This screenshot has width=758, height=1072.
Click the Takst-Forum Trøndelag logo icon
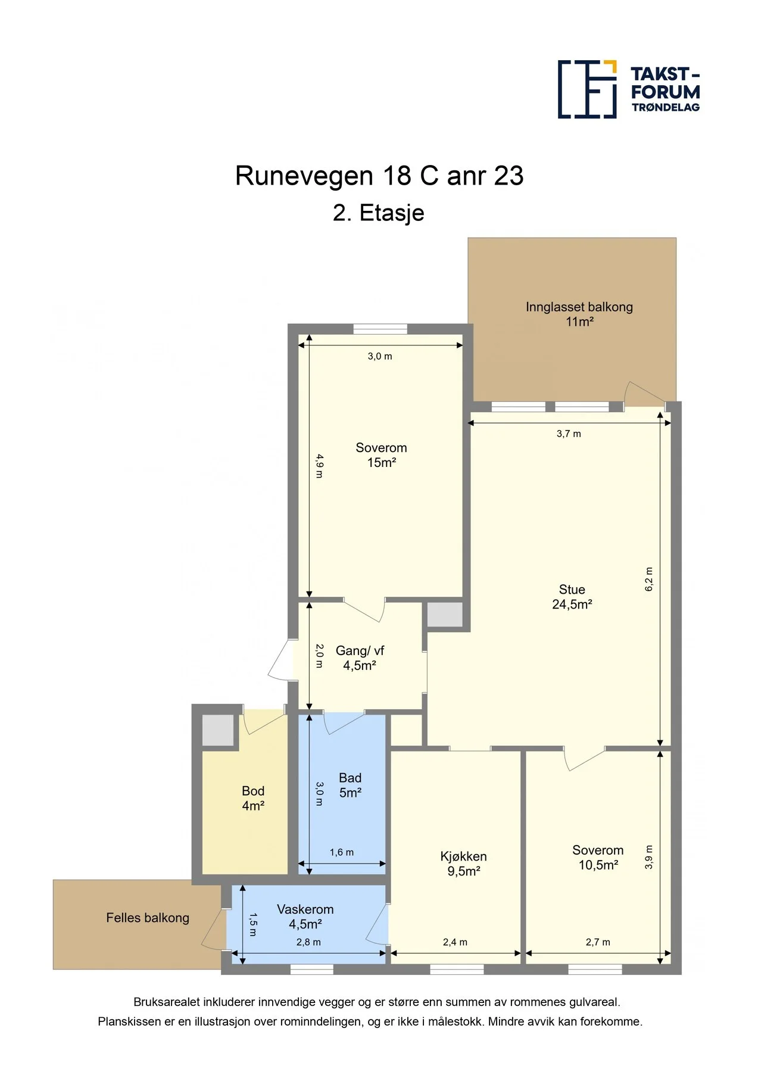(587, 89)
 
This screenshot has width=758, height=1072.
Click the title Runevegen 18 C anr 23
(379, 176)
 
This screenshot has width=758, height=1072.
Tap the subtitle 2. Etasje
(379, 213)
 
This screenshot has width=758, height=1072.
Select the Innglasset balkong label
(579, 314)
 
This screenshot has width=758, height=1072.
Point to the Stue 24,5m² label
(572, 597)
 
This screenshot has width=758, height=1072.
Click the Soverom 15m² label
(381, 455)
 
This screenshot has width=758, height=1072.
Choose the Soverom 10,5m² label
(598, 858)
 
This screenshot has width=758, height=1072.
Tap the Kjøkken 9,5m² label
(464, 864)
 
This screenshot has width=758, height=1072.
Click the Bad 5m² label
(350, 785)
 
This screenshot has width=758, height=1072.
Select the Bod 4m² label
(253, 798)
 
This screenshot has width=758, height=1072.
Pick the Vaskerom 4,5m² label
(305, 917)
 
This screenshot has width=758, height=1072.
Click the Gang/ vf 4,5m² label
(360, 658)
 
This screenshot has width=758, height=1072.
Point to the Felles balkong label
(148, 918)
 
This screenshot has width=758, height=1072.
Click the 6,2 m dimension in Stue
(649, 579)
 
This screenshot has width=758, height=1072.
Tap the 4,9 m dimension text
(319, 466)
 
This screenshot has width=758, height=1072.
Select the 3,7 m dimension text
(569, 434)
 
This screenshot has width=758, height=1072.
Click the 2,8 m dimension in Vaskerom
(308, 942)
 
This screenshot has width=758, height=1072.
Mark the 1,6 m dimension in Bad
(342, 852)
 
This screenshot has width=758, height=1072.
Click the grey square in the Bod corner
(218, 730)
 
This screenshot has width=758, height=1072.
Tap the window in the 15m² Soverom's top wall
(380, 329)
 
